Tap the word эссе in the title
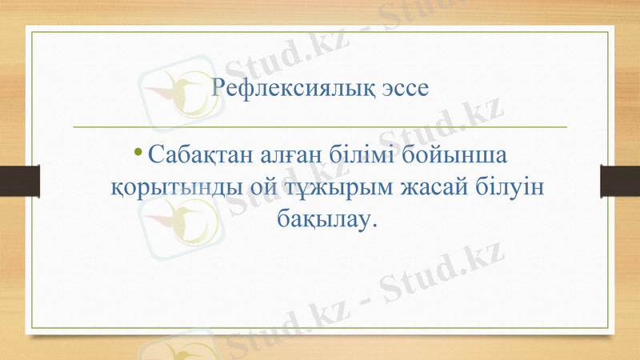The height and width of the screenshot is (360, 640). tap(403, 87)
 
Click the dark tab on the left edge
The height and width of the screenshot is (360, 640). tap(19, 180)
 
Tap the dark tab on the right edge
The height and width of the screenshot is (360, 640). tap(620, 180)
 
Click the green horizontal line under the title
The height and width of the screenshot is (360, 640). tap(320, 126)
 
